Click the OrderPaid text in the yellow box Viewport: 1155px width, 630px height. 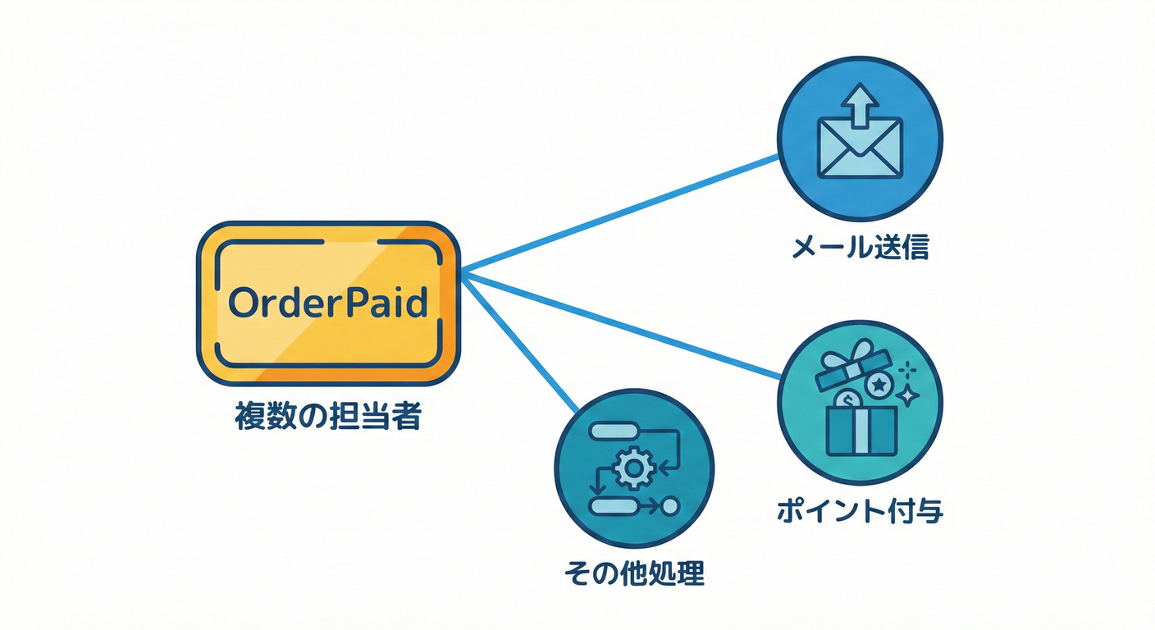pos(328,303)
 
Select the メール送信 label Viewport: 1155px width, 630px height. pos(860,247)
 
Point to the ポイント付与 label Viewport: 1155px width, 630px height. pos(860,511)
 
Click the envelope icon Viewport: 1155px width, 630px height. pos(860,148)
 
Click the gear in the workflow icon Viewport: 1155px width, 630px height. pos(632,468)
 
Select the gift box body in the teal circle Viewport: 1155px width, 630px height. pos(858,431)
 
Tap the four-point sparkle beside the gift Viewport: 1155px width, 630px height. pos(907,395)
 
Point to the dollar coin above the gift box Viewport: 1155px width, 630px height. pos(847,399)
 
